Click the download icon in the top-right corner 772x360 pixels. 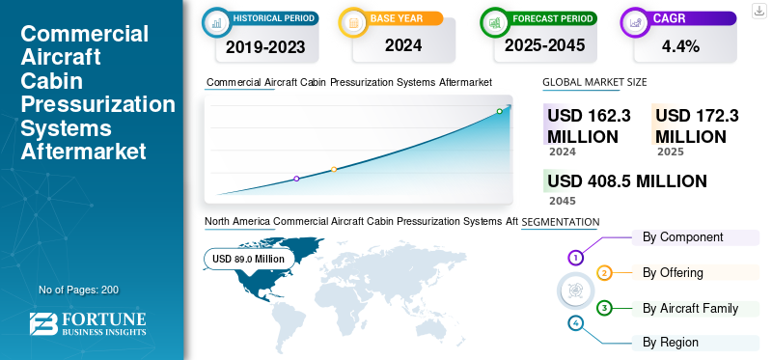click(x=758, y=11)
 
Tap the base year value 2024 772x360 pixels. click(x=397, y=45)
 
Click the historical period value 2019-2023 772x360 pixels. click(x=258, y=45)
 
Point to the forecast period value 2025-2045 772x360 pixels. click(x=543, y=45)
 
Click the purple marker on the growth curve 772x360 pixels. click(x=296, y=179)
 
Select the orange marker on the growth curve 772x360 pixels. click(x=334, y=170)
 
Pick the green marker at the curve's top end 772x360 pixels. click(x=499, y=111)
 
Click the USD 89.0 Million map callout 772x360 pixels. click(x=248, y=259)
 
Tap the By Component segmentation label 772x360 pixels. click(x=682, y=237)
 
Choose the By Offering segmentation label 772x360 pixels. click(x=673, y=273)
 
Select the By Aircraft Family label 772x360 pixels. click(x=690, y=309)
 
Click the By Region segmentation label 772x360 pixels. click(x=671, y=342)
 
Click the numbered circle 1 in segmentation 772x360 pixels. click(x=575, y=258)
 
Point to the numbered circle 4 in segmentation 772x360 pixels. click(x=575, y=323)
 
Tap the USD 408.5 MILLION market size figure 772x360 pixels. click(x=626, y=181)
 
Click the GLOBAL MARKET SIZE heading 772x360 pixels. click(x=594, y=83)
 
